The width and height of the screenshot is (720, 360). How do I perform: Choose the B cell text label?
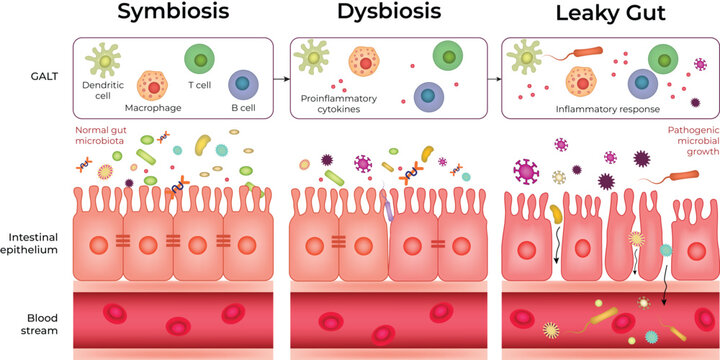point(243,106)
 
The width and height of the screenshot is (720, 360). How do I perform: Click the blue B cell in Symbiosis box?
point(243,85)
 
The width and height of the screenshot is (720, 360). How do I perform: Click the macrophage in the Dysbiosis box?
point(364,64)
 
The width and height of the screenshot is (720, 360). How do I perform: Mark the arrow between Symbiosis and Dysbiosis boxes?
point(283,75)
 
